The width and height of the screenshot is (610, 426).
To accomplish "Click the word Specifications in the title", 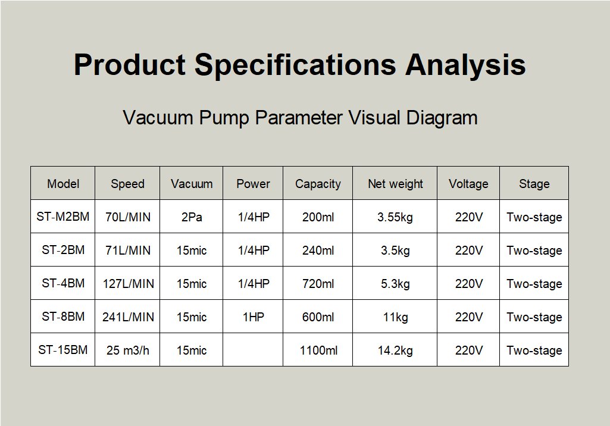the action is pyautogui.click(x=295, y=65).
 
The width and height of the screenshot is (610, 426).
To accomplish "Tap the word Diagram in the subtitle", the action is pyautogui.click(x=442, y=118).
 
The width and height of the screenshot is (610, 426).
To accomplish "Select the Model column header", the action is pyautogui.click(x=63, y=184).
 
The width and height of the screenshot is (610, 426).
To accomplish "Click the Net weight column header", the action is pyautogui.click(x=395, y=184).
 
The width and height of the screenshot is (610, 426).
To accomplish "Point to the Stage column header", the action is pyautogui.click(x=534, y=184).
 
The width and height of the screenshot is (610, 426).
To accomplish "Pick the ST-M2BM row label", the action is pyautogui.click(x=63, y=217).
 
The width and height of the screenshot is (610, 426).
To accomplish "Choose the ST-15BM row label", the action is pyautogui.click(x=63, y=350).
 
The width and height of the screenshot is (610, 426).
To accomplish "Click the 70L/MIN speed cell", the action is pyautogui.click(x=127, y=217).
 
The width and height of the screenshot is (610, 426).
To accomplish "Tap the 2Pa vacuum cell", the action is pyautogui.click(x=192, y=217).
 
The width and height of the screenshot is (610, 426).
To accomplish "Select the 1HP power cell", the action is pyautogui.click(x=254, y=317).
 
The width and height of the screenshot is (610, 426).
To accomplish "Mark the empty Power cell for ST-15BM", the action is pyautogui.click(x=253, y=349).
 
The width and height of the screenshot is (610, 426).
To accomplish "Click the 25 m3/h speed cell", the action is pyautogui.click(x=127, y=350).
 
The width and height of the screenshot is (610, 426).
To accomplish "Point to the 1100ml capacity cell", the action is pyautogui.click(x=318, y=350).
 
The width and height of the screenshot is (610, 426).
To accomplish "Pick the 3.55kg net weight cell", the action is pyautogui.click(x=395, y=217).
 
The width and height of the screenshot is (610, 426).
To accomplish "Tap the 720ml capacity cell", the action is pyautogui.click(x=318, y=284).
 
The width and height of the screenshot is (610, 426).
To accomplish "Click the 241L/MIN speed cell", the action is pyautogui.click(x=128, y=317).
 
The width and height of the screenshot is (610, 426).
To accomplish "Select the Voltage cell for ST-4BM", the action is pyautogui.click(x=469, y=284).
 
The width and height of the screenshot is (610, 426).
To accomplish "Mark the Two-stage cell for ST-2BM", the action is pyautogui.click(x=534, y=250).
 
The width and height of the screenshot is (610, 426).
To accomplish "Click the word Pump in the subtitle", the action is pyautogui.click(x=224, y=118).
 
